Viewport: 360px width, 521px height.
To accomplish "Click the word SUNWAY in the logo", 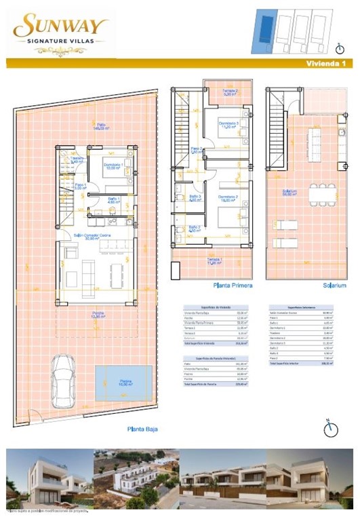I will (61, 26).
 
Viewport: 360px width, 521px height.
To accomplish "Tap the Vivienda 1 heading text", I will (326, 64).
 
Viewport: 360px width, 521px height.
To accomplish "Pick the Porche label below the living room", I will (99, 315).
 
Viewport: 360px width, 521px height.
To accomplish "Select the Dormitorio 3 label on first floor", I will (227, 124).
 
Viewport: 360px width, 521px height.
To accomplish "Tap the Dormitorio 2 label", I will (227, 198).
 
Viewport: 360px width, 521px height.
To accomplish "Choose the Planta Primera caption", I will (233, 286).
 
